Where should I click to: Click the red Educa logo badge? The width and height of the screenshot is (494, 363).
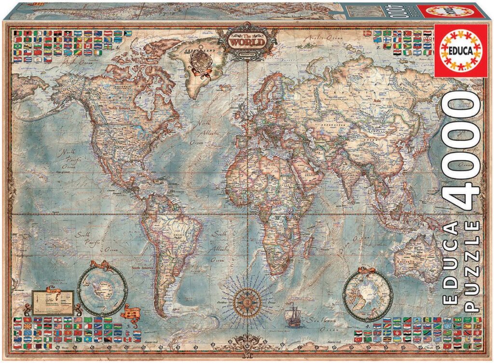458,54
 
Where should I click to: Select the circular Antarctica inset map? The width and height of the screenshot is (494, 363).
102,291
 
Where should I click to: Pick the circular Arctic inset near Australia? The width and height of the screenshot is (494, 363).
367,294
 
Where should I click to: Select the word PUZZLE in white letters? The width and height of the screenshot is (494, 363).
472,267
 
